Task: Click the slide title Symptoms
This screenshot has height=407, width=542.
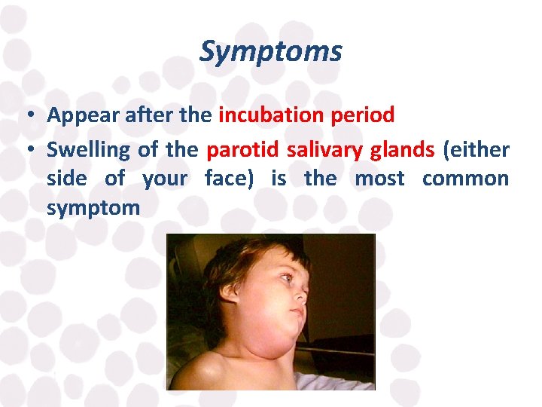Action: (270, 52)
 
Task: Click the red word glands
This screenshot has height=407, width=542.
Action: (403, 149)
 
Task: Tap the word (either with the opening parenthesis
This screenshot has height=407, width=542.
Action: (477, 149)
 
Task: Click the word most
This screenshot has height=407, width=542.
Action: (379, 179)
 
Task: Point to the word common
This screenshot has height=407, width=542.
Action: (465, 179)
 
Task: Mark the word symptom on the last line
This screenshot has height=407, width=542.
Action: (93, 208)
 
